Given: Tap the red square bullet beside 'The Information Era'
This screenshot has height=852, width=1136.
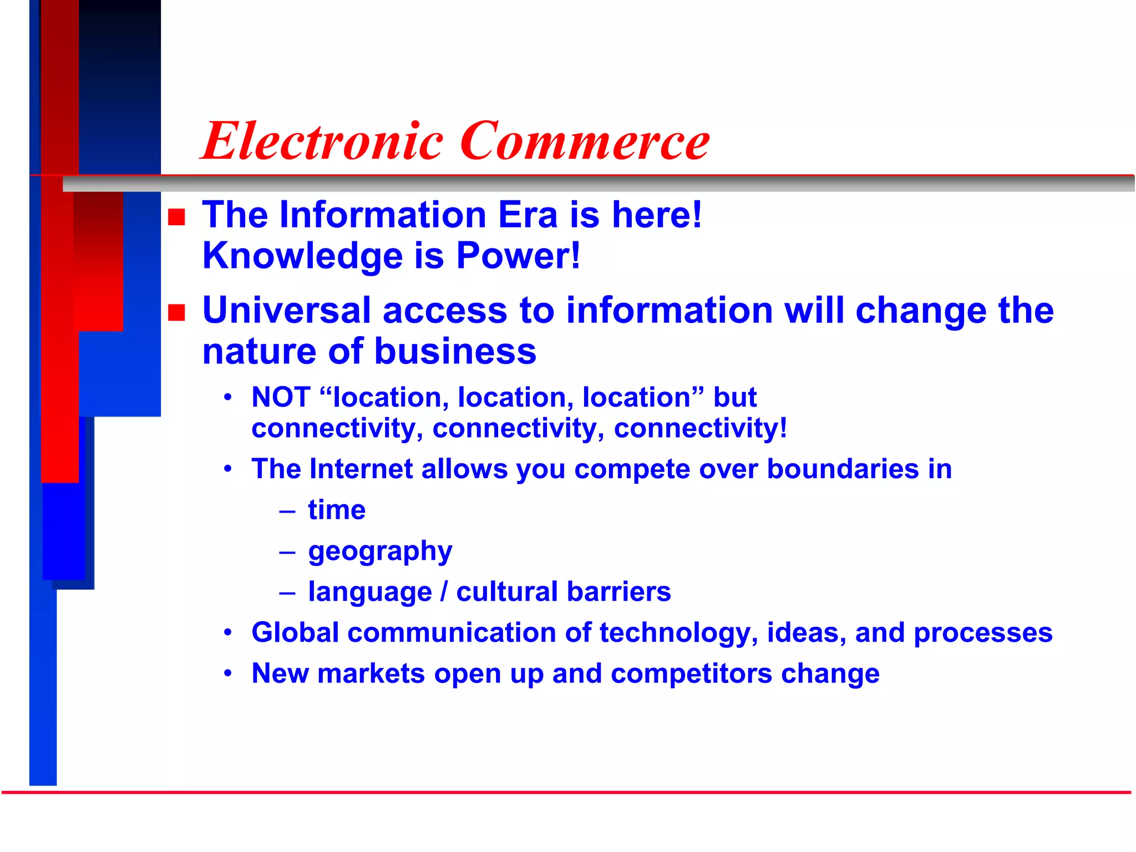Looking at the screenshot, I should (176, 217).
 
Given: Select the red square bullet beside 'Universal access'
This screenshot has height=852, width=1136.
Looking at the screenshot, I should (176, 312).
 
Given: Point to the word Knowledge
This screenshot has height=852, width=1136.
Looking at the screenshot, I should (302, 256).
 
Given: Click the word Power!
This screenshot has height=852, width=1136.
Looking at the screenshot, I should (518, 256).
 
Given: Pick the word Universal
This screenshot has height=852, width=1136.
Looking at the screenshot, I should (286, 310).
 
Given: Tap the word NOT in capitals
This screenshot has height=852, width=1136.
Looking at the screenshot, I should (281, 397).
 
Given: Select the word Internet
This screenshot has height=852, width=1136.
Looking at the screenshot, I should (361, 469).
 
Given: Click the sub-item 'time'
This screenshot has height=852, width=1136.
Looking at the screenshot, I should (337, 510).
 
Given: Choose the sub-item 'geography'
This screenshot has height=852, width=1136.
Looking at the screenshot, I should (380, 551).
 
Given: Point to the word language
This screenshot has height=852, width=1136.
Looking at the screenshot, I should (370, 592).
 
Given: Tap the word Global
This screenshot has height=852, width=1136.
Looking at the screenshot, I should (295, 632).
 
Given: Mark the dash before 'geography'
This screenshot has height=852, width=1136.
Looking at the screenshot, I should (287, 552).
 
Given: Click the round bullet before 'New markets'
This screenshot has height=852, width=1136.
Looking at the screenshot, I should (227, 673).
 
